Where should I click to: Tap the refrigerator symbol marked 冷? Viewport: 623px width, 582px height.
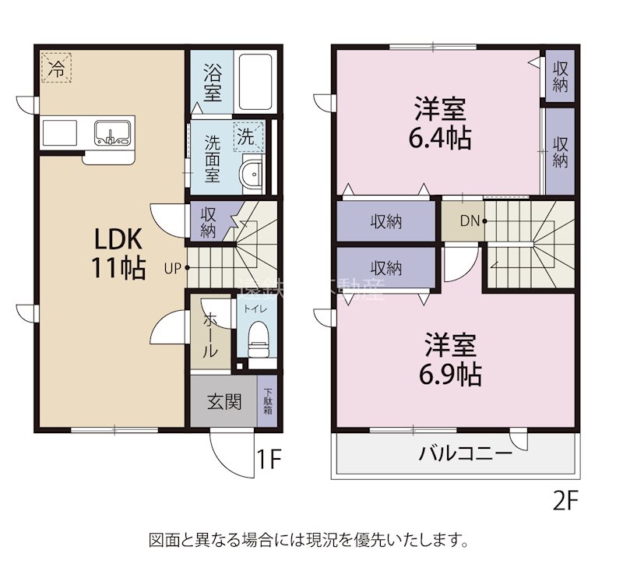(56, 68)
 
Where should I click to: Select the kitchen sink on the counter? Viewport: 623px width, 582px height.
(113, 133)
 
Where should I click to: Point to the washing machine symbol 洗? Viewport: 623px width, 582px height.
(247, 137)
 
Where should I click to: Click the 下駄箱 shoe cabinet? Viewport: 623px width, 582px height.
(267, 400)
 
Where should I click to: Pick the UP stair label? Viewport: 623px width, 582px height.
(172, 268)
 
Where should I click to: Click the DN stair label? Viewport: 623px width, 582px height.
(469, 220)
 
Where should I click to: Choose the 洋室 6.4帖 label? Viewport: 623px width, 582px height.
(440, 122)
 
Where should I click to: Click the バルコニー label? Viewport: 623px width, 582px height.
(465, 453)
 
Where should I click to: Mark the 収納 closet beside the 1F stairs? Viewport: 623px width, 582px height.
(208, 221)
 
